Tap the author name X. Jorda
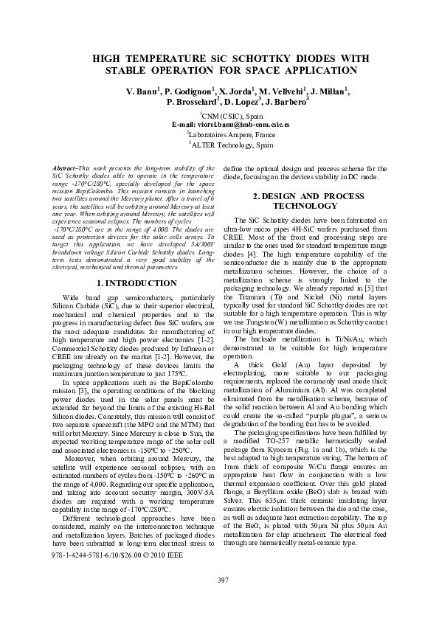(237, 91)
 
